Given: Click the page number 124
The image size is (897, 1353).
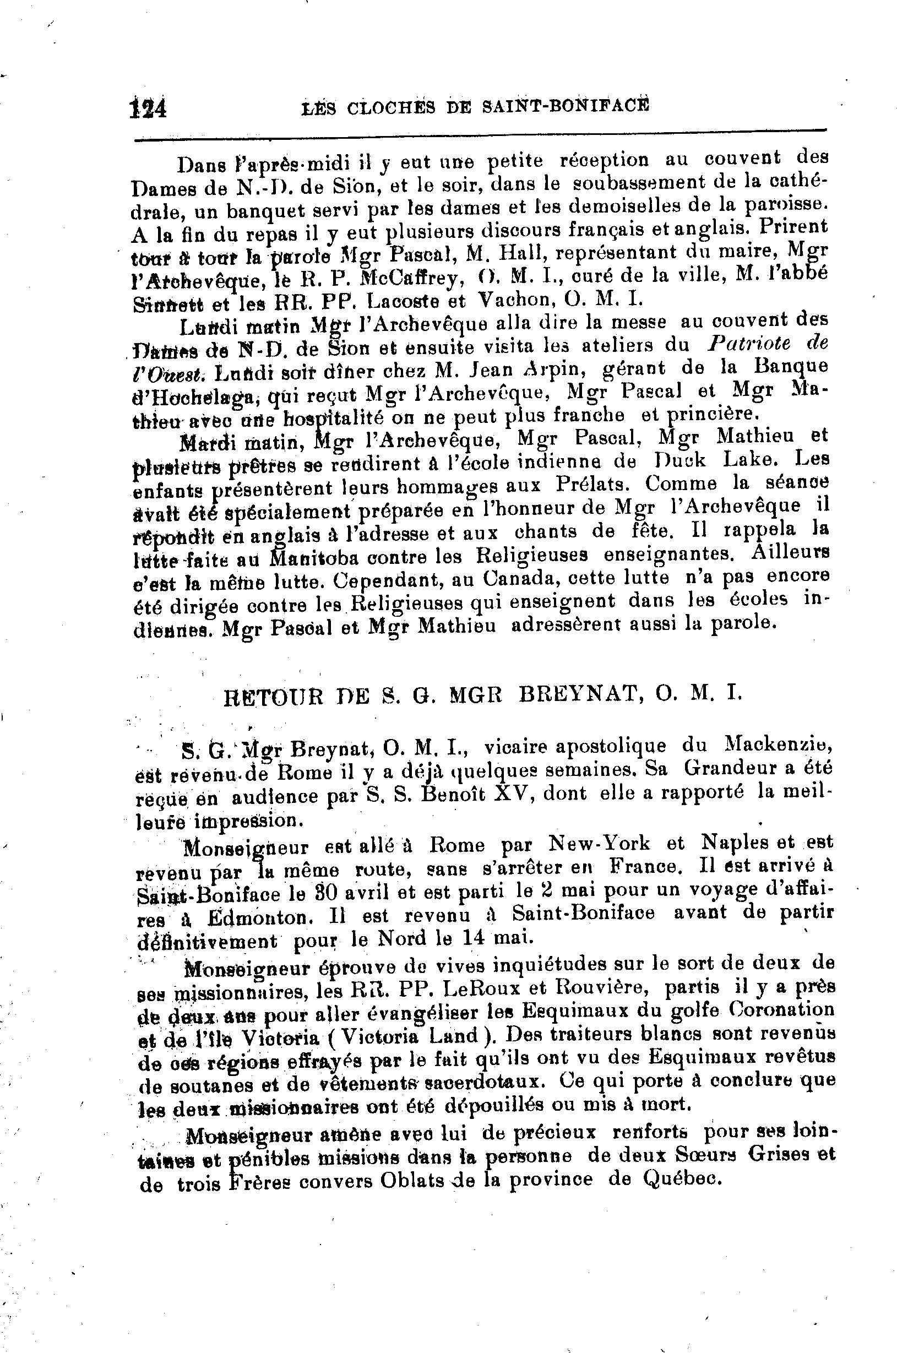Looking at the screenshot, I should [x=149, y=107].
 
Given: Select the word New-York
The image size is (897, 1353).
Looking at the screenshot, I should [x=600, y=843].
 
